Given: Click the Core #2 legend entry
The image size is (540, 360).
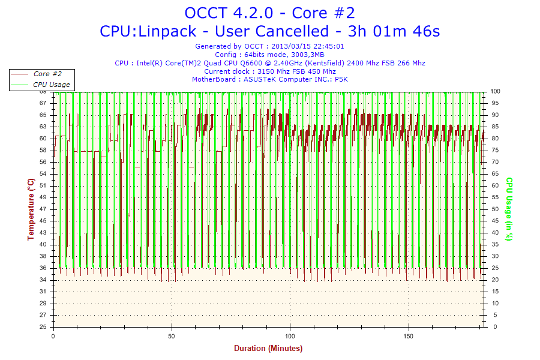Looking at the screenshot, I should pos(47,74).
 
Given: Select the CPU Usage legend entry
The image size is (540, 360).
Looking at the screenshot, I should pos(52,85).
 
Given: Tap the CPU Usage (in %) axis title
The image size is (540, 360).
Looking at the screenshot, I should pos(509,209).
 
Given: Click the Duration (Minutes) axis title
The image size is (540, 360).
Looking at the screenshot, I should pos(268,348).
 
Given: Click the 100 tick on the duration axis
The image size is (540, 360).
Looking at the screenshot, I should pos(290,335).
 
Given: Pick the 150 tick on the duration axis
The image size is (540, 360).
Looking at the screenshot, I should pos(409,335).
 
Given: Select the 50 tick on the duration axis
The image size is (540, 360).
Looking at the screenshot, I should pos(172,335).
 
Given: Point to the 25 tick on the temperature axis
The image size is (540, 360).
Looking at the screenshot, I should pos(43,327).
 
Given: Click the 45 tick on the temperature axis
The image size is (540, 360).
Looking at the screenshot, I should pos(43,221).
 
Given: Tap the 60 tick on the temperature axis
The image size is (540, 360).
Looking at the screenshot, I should pos(43,139).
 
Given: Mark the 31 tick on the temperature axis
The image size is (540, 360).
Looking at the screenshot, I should pos(43,292).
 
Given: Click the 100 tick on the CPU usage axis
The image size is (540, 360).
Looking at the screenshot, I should pos(496,91).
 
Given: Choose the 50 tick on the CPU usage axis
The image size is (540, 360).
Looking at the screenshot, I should pos(494,209).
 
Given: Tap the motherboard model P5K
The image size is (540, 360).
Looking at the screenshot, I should pos(341,79).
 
